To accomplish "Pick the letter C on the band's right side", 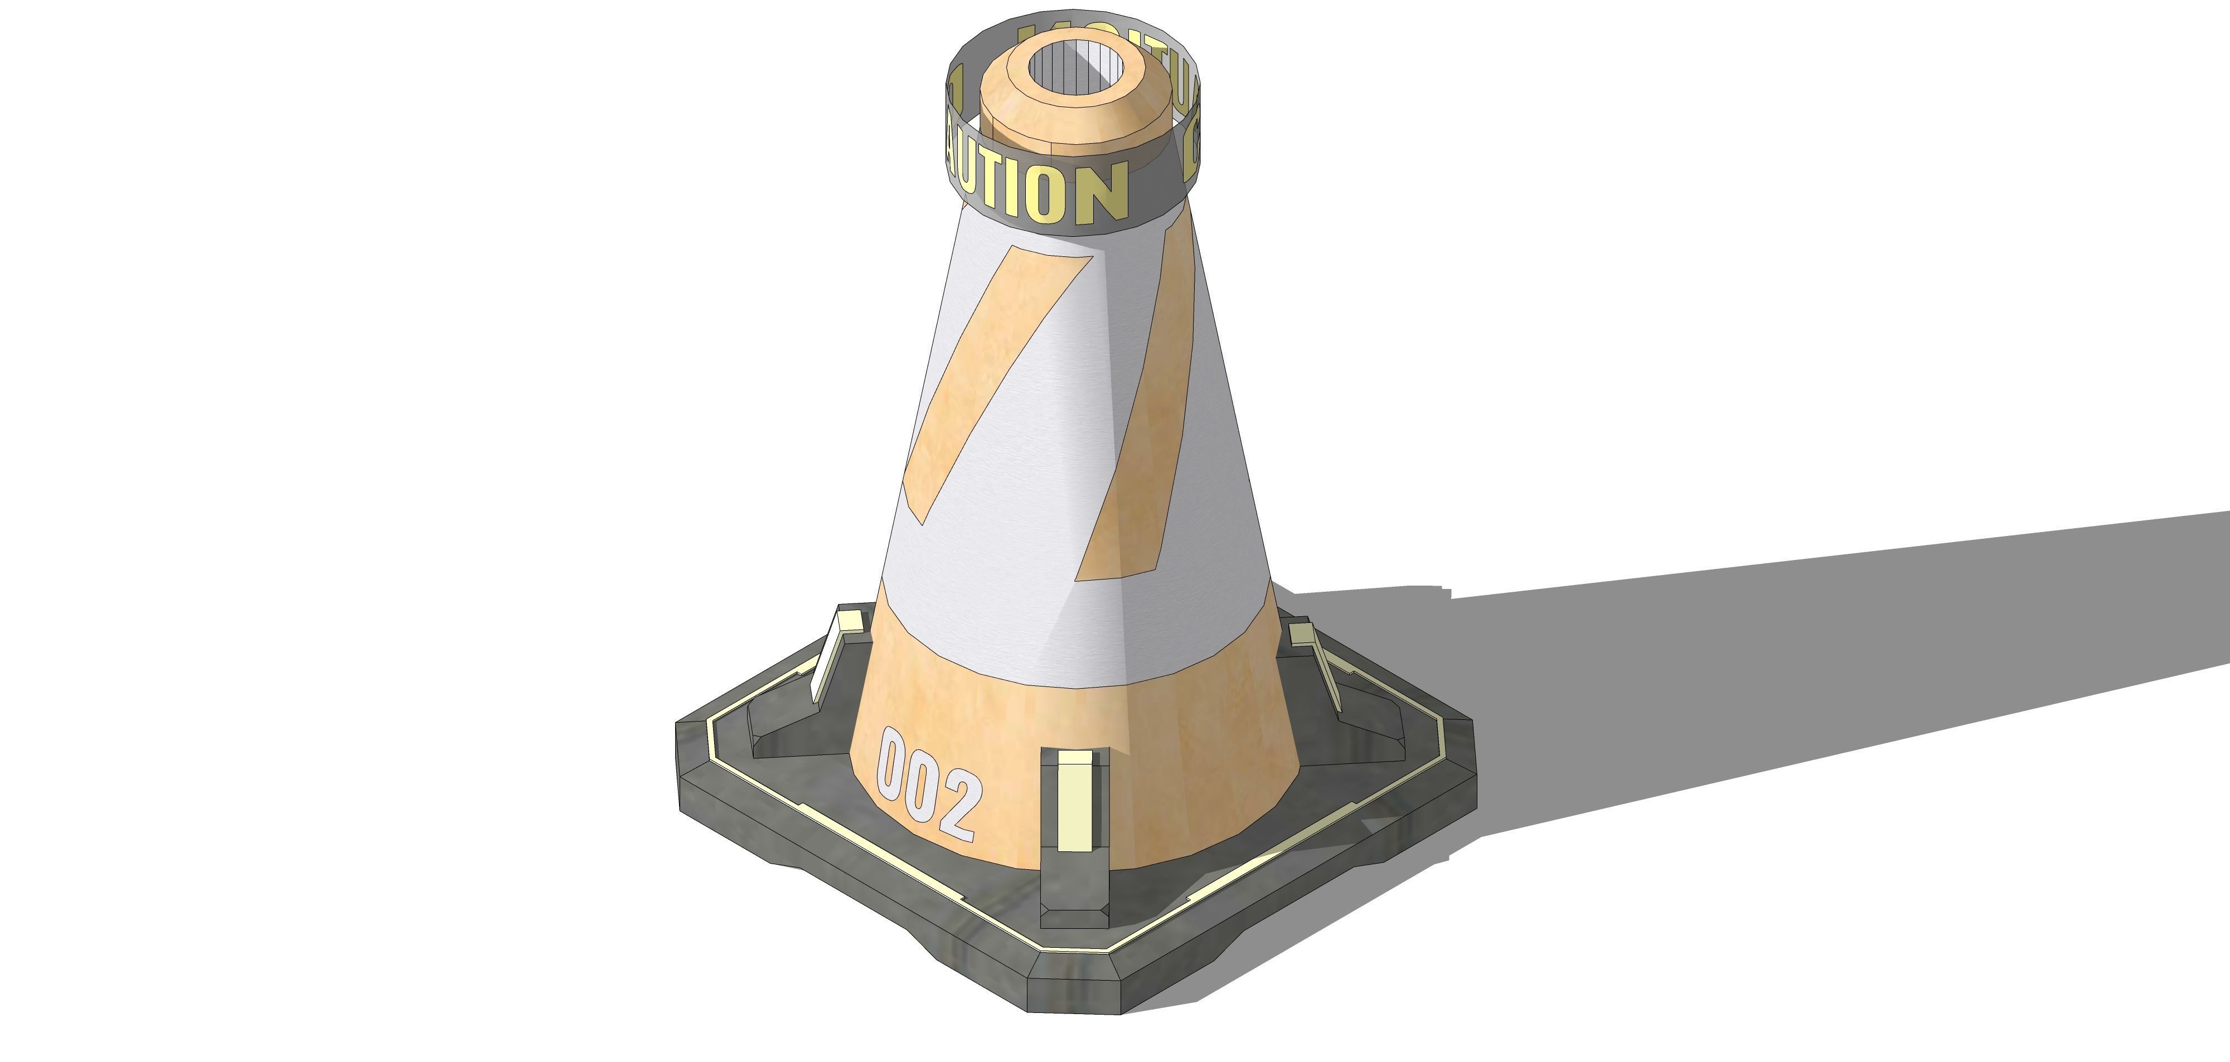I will (x=1191, y=156).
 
